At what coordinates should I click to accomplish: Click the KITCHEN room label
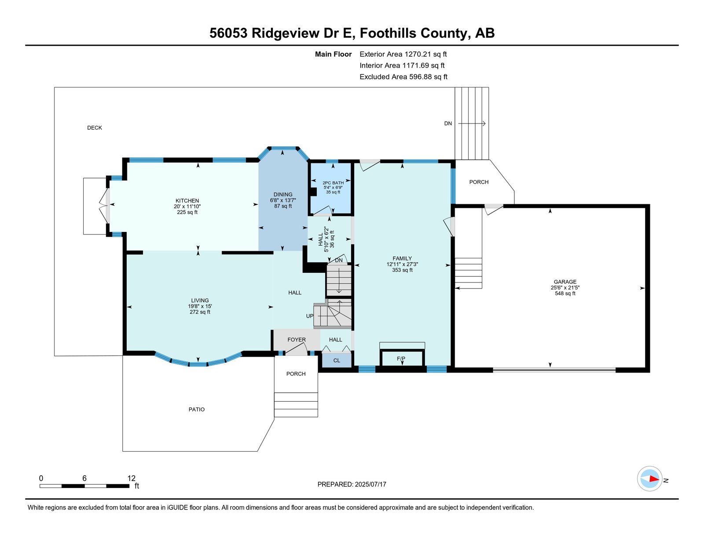click(187, 201)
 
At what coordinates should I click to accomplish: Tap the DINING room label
click(283, 195)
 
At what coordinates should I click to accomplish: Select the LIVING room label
click(200, 300)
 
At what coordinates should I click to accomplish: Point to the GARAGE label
click(565, 282)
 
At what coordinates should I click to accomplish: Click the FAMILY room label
click(402, 259)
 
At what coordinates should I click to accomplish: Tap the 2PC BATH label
click(333, 183)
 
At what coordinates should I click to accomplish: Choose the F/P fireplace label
click(401, 359)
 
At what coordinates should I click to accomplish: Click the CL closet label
click(337, 361)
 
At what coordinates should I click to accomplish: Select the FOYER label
click(297, 340)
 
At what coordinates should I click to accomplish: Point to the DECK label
click(95, 128)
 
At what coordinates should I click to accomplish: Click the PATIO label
click(197, 409)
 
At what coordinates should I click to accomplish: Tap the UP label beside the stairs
click(310, 316)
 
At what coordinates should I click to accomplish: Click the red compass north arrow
click(653, 479)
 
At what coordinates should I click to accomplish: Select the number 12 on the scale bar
click(131, 478)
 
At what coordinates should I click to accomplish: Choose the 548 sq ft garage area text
click(565, 293)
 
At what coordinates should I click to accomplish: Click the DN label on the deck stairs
click(448, 123)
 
